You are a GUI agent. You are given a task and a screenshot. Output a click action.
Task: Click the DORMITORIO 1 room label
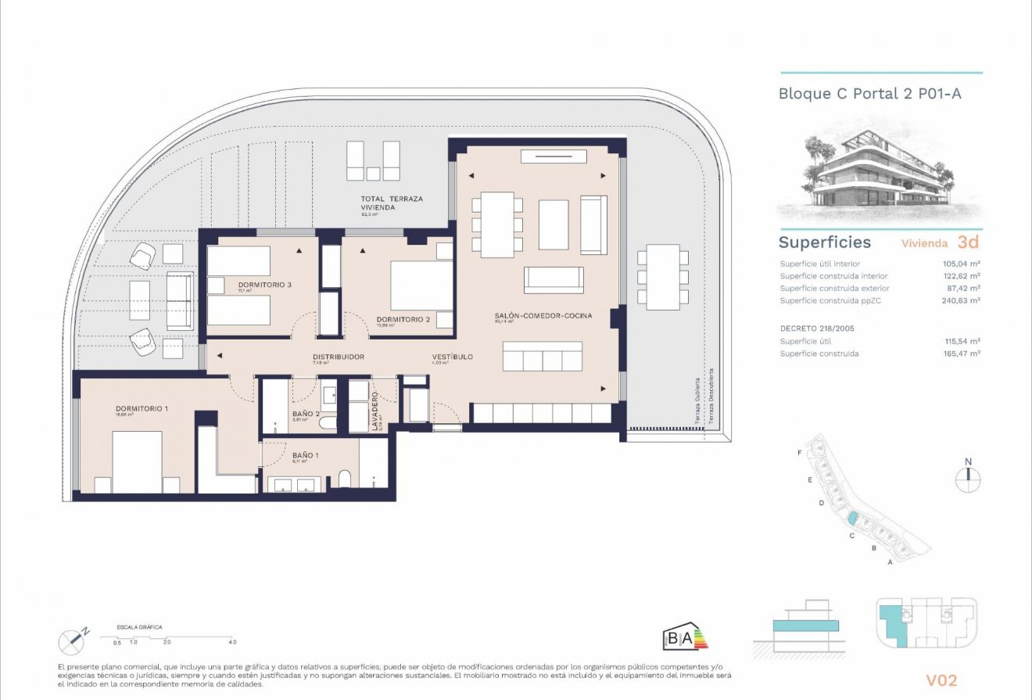pyautogui.click(x=142, y=408)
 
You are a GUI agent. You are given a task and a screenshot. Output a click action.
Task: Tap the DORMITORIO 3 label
pyautogui.click(x=265, y=285)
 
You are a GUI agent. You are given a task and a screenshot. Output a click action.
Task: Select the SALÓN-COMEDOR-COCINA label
pyautogui.click(x=543, y=315)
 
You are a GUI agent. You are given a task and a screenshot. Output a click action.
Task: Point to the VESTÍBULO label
pyautogui.click(x=453, y=357)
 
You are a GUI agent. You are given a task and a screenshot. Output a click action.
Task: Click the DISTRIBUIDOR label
pyautogui.click(x=338, y=357)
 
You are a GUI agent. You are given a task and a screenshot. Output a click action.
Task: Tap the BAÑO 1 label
pyautogui.click(x=305, y=455)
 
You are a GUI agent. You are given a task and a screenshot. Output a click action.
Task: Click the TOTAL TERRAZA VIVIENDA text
pyautogui.click(x=392, y=203)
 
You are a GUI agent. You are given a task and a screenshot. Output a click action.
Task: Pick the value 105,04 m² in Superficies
pyautogui.click(x=962, y=264)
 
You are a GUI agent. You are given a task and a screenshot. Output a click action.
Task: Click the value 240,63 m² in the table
pyautogui.click(x=962, y=300)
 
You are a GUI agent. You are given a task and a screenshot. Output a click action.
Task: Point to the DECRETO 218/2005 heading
pyautogui.click(x=817, y=328)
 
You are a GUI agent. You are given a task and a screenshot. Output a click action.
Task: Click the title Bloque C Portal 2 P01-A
pyautogui.click(x=869, y=94)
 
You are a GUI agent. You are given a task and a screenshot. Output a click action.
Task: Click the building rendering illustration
pyautogui.click(x=880, y=176)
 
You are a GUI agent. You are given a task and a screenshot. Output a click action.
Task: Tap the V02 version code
pyautogui.click(x=940, y=681)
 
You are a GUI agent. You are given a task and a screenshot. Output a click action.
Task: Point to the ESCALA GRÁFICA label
pyautogui.click(x=139, y=627)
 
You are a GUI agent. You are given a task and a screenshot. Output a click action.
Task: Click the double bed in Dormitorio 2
pyautogui.click(x=421, y=285)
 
